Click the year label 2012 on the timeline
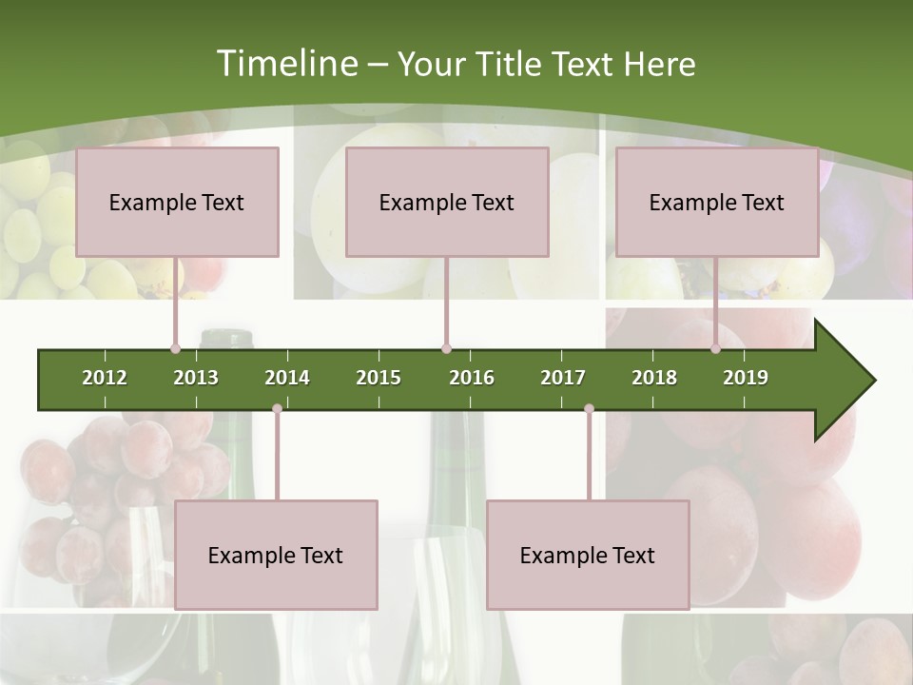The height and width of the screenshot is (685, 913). pyautogui.click(x=105, y=378)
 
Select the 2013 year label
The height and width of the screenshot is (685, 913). pyautogui.click(x=196, y=378)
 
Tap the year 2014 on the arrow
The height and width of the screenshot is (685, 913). pyautogui.click(x=287, y=378)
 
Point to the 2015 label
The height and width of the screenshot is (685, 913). pyautogui.click(x=379, y=378)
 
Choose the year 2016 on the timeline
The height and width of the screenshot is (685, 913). pyautogui.click(x=472, y=378)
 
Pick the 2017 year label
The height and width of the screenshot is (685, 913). pyautogui.click(x=563, y=378)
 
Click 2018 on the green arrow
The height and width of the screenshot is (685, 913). pyautogui.click(x=654, y=378)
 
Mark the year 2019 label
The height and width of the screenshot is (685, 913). pyautogui.click(x=746, y=378)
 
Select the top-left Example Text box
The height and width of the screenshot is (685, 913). pyautogui.click(x=177, y=202)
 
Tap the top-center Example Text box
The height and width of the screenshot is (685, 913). pyautogui.click(x=447, y=202)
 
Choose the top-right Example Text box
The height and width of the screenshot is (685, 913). pyautogui.click(x=717, y=202)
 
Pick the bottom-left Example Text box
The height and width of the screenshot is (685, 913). pyautogui.click(x=276, y=555)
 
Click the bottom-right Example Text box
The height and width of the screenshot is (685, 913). pyautogui.click(x=588, y=555)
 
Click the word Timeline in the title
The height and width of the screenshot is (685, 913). pyautogui.click(x=284, y=64)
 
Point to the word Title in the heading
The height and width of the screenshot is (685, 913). pyautogui.click(x=511, y=64)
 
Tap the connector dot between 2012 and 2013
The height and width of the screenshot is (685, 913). pyautogui.click(x=175, y=349)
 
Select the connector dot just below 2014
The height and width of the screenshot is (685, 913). pyautogui.click(x=277, y=409)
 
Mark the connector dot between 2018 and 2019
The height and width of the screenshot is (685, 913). pyautogui.click(x=715, y=349)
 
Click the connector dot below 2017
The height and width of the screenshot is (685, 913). pyautogui.click(x=589, y=409)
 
